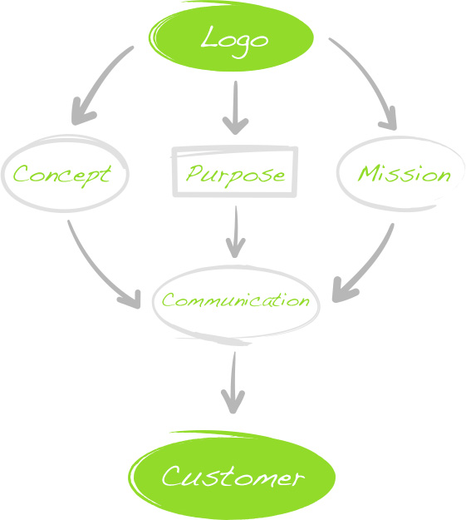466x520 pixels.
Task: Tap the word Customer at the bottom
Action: [233, 476]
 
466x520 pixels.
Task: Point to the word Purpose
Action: [235, 176]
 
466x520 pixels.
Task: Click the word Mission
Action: [404, 173]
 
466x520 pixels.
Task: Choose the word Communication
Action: [235, 300]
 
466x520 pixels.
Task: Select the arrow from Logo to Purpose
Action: [235, 108]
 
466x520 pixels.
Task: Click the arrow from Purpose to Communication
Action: [235, 231]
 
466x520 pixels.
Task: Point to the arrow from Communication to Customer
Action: [233, 383]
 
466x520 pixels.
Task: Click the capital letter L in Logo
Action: [209, 37]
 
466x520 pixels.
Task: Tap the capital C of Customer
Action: [174, 476]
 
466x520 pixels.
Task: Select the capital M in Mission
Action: [369, 173]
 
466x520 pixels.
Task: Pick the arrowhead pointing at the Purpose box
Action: [235, 126]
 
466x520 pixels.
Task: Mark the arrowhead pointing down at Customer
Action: [233, 401]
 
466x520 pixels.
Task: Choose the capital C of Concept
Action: [22, 173]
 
